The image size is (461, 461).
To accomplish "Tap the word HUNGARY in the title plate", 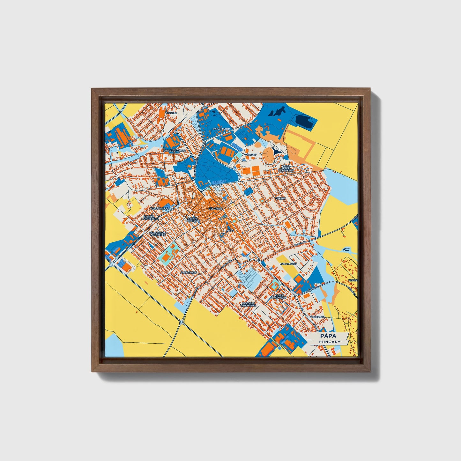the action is point(330,342).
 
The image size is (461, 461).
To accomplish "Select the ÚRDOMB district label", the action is point(170,113).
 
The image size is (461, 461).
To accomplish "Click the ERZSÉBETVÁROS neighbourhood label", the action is point(174,150).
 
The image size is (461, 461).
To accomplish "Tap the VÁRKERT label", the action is point(250,154).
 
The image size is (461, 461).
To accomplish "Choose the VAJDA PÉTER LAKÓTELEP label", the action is point(286,168).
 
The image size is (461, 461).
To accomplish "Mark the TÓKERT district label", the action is point(281,198).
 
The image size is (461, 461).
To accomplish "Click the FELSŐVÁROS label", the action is point(160,209).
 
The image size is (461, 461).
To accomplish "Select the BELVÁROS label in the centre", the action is point(215,208).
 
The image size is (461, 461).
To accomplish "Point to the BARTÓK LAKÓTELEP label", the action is point(150,218).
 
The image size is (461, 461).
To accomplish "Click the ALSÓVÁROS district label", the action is point(189,273).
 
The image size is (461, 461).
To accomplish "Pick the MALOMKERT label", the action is point(288,264).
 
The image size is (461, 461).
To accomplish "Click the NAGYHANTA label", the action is point(317,317).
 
